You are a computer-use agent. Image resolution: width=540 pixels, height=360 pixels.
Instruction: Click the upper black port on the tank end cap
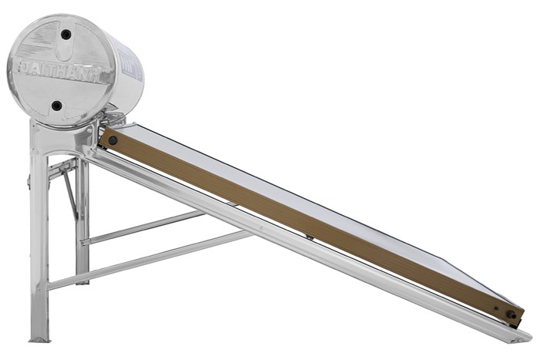[x=66, y=35]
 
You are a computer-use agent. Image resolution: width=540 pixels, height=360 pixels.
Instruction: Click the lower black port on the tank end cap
[x=57, y=106]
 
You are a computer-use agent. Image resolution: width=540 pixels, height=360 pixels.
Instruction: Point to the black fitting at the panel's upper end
[x=113, y=140]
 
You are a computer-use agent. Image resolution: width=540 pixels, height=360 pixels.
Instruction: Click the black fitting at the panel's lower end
[x=511, y=314]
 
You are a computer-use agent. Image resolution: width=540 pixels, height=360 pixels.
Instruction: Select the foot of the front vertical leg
[x=39, y=336]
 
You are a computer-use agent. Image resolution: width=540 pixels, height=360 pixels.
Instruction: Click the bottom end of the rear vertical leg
[x=82, y=279]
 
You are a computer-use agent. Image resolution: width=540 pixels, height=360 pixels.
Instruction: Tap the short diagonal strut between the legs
[x=70, y=193]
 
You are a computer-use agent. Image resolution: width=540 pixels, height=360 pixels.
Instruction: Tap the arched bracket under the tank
[x=62, y=135]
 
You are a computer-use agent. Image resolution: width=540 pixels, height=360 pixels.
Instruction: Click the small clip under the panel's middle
[x=309, y=237]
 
